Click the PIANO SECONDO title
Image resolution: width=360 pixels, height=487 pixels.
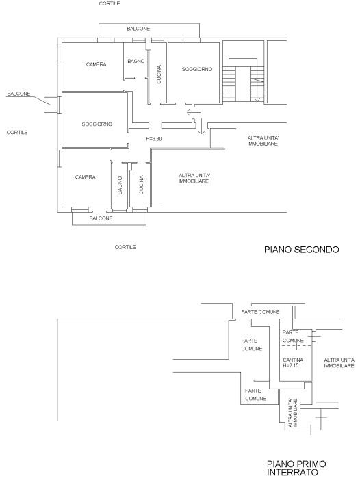[x=301, y=250]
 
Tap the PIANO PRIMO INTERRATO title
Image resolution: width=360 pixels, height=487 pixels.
[x=296, y=468]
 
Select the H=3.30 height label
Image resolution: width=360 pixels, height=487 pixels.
[x=154, y=139]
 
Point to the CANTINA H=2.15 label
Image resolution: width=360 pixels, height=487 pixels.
[x=293, y=363]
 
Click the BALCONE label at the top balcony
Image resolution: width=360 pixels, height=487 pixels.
[x=138, y=29]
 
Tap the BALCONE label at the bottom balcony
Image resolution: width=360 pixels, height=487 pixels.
[x=101, y=218]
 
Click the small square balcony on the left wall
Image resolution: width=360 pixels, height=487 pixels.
[x=51, y=105]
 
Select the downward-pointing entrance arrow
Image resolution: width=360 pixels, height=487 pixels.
[x=202, y=126]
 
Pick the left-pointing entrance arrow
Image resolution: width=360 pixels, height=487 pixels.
[x=194, y=112]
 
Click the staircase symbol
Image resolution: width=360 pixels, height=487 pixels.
[x=243, y=80]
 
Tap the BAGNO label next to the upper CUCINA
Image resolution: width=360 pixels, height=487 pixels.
[x=136, y=61]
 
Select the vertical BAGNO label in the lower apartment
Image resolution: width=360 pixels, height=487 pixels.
[x=120, y=185]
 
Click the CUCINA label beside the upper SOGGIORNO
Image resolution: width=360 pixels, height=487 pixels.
[x=159, y=75]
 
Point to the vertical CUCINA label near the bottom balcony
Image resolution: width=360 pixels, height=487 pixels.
[x=141, y=185]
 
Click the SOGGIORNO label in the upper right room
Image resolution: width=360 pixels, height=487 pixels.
[x=197, y=69]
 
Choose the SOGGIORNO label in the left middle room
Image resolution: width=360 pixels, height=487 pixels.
[x=97, y=124]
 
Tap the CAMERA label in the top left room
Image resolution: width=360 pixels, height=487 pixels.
[x=96, y=64]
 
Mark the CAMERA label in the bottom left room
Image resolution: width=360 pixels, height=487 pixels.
[x=85, y=177]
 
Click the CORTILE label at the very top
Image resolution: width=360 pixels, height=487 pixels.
[x=110, y=3]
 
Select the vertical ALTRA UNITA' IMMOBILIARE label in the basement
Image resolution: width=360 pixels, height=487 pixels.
[x=293, y=412]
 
